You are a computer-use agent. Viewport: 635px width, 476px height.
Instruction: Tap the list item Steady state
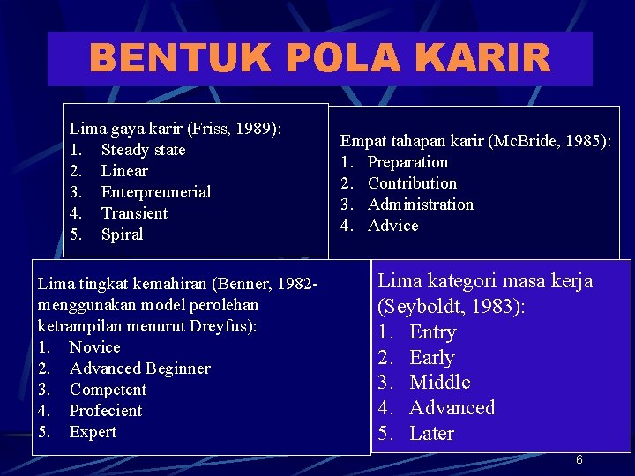tap(143, 150)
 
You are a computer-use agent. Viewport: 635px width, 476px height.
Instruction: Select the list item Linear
tap(124, 171)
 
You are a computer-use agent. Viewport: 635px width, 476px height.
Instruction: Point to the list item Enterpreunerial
tap(156, 192)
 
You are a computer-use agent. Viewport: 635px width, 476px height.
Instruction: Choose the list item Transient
tap(134, 213)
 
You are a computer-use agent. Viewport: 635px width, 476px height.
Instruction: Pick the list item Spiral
tap(122, 234)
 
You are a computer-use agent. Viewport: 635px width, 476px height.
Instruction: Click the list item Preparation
tap(407, 162)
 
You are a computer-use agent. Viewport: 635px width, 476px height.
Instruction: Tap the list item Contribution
tap(412, 183)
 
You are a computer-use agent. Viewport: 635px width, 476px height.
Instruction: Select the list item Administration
tap(421, 205)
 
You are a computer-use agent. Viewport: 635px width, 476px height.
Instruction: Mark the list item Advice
tap(392, 226)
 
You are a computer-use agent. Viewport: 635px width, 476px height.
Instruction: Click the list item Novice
tap(94, 347)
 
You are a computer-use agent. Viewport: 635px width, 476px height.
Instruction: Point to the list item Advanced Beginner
tap(139, 368)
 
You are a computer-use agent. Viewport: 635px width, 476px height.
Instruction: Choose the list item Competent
tap(108, 390)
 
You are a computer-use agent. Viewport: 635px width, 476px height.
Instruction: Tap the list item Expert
tap(93, 432)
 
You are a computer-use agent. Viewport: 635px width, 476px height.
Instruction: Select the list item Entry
tap(432, 332)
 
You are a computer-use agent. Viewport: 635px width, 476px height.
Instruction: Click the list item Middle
tap(439, 383)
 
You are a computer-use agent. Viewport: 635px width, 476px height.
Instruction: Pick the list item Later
tap(431, 434)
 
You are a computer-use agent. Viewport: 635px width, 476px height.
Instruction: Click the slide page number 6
tap(579, 460)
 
